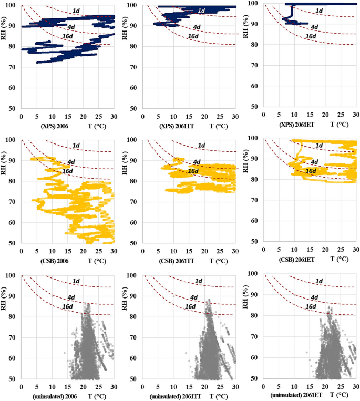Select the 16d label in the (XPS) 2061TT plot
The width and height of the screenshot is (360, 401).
click(x=193, y=38)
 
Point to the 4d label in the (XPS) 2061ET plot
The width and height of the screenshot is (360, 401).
click(x=314, y=27)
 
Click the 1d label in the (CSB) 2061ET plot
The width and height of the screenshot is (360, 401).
click(x=319, y=145)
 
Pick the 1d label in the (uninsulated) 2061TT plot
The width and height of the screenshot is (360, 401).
click(x=198, y=281)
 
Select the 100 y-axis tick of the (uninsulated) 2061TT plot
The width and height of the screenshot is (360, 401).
click(x=133, y=275)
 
